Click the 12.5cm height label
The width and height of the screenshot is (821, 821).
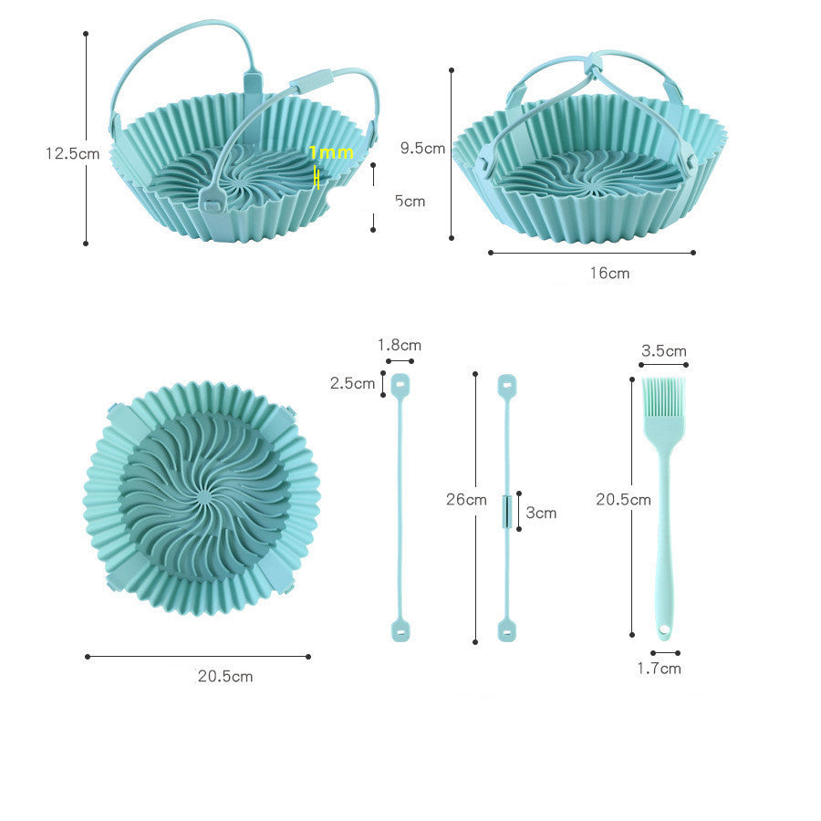(x=72, y=153)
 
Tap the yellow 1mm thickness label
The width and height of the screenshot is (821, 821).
(x=330, y=152)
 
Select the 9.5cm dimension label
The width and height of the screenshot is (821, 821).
(x=422, y=148)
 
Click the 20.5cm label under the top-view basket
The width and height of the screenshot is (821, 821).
(x=225, y=676)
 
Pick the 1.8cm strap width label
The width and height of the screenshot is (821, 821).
(x=400, y=345)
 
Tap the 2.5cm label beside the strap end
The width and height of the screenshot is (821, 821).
(x=352, y=383)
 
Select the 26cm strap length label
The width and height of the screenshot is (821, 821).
(x=466, y=500)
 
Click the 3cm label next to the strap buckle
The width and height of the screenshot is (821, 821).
(x=541, y=513)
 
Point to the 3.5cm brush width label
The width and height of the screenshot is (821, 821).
(x=664, y=350)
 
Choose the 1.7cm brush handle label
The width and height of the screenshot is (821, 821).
(x=659, y=668)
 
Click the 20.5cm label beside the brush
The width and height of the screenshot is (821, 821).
(x=623, y=499)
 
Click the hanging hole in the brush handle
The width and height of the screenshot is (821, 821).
(x=664, y=629)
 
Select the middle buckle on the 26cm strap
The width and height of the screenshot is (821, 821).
(x=505, y=510)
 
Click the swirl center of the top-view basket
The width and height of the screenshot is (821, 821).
(x=203, y=497)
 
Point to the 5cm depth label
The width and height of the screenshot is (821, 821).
(x=410, y=201)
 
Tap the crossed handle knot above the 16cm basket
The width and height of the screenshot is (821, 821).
(x=595, y=64)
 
